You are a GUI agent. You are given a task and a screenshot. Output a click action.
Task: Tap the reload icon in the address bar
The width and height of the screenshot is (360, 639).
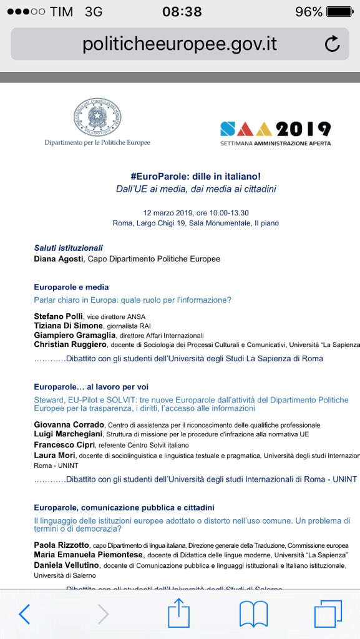(x=333, y=44)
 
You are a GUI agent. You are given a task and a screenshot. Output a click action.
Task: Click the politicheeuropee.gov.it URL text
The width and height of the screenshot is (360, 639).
(x=180, y=44)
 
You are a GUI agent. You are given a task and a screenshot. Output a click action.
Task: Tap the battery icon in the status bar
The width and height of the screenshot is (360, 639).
(x=339, y=12)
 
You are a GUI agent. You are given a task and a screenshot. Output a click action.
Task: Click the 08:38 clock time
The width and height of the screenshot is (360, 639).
(x=182, y=12)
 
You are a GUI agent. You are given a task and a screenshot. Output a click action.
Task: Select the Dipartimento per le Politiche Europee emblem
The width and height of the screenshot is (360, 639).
(x=97, y=117)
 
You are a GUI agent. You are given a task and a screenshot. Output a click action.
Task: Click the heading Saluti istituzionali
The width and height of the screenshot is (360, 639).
(x=68, y=248)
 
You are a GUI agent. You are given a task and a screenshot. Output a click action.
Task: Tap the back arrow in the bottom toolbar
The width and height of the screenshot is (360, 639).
(x=24, y=615)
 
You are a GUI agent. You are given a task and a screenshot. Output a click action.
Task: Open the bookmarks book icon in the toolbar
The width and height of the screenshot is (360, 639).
(x=253, y=615)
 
